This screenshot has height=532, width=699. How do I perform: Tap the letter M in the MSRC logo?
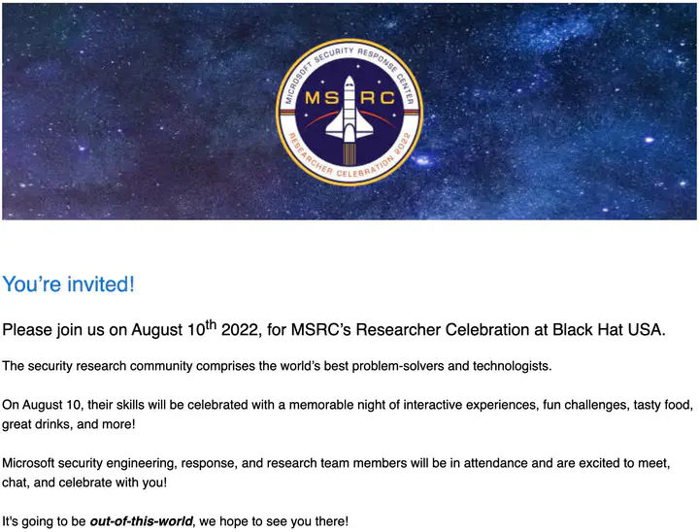pos(313,98)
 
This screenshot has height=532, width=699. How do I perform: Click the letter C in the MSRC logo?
pos(387,98)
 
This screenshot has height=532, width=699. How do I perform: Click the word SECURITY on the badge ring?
pos(334,54)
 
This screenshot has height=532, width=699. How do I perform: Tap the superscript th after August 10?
pos(211,325)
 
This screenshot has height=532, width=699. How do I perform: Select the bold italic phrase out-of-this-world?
pos(142,521)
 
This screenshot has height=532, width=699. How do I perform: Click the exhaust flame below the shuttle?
pos(349,154)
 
